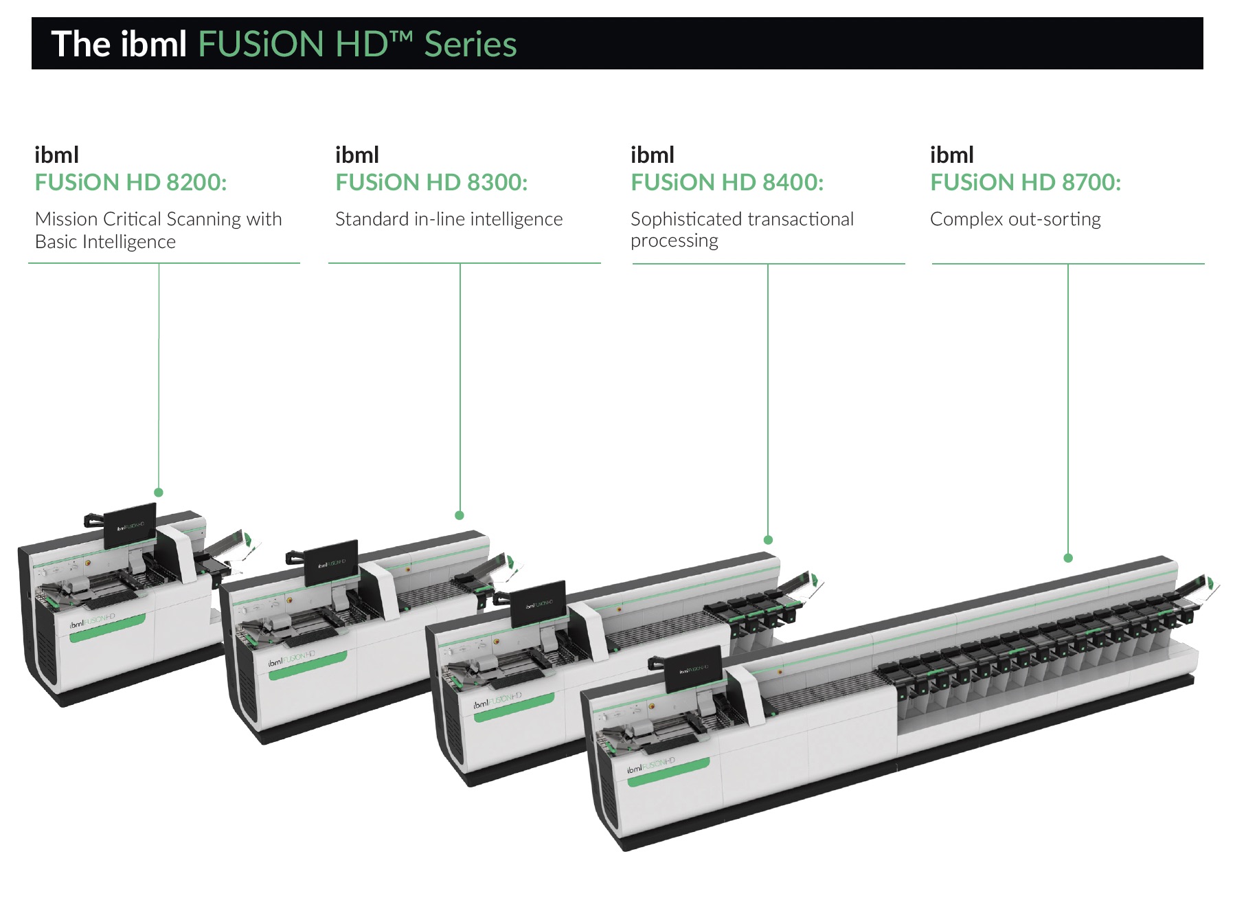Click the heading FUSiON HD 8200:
tap(131, 183)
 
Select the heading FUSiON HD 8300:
tap(431, 183)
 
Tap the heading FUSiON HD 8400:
tap(727, 183)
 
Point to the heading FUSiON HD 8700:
tap(1026, 183)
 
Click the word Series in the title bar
tap(471, 45)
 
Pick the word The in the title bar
tap(80, 45)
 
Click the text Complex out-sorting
tap(1015, 219)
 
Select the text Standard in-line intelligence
tap(449, 219)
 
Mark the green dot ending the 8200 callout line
tap(159, 493)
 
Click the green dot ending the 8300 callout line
tap(460, 515)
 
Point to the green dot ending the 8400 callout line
tap(768, 540)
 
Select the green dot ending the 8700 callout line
tap(1068, 558)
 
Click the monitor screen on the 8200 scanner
tap(130, 526)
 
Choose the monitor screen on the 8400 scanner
tap(539, 604)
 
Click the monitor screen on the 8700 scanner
tap(694, 669)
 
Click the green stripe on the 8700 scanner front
tap(669, 772)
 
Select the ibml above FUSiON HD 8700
tap(952, 155)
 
